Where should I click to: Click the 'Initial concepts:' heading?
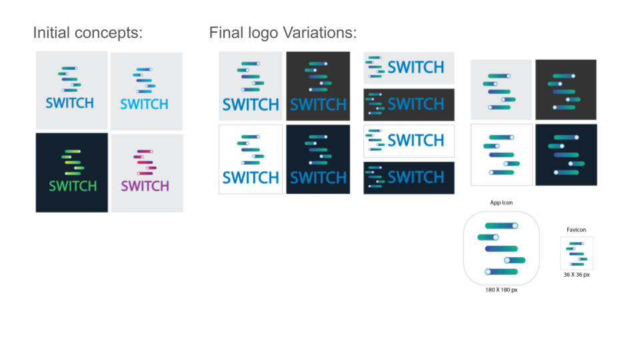88,33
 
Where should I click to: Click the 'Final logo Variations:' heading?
283,33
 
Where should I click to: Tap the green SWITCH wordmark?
73,186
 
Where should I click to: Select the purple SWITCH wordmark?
145,186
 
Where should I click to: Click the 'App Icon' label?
501,203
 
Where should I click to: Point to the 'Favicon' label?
576,230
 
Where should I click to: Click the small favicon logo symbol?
576,253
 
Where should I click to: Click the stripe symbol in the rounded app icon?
501,249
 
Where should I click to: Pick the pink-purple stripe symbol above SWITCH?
145,163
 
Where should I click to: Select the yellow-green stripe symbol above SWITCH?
73,163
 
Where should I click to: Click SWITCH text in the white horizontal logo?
415,141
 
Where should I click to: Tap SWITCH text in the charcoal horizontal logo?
415,104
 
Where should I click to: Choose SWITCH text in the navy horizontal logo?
415,177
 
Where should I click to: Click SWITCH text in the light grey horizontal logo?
415,67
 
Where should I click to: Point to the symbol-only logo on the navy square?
567,155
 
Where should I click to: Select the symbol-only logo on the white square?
501,155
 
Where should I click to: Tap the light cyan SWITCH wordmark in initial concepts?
144,105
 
